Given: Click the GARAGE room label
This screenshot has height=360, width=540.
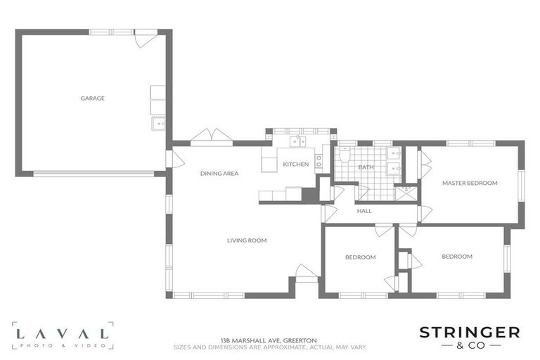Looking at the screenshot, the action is click(93, 98).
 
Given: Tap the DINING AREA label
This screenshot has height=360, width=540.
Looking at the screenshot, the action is click(219, 174).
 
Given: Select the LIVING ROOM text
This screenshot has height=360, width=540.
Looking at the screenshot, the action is click(247, 240).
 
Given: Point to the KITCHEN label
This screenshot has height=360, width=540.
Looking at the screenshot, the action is click(296, 165).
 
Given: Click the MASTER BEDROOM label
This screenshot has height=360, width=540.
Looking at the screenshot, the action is click(470, 183).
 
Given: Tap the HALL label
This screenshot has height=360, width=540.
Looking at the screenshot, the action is click(364, 211).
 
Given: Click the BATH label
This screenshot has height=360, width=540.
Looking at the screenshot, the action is click(366, 167).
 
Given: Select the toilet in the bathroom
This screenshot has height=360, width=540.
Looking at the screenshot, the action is click(345, 155).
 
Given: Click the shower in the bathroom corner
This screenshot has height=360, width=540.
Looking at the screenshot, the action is click(406, 193).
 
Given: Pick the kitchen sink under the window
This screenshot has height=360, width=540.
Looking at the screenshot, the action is click(297, 141).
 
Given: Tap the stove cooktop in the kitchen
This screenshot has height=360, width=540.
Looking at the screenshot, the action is click(319, 161).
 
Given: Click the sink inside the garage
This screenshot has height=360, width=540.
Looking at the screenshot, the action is click(158, 124).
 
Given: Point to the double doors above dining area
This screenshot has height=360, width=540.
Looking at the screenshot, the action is click(212, 136).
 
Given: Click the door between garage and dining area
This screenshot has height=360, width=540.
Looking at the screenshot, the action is click(175, 159).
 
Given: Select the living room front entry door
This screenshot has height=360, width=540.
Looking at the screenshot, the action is click(307, 273).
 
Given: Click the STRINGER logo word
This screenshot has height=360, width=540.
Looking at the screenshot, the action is click(470, 333).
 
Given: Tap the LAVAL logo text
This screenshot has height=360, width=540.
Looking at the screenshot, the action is click(63, 333).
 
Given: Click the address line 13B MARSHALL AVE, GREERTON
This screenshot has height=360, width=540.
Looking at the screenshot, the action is click(269, 340).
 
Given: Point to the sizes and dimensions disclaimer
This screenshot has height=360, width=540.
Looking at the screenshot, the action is click(270, 347).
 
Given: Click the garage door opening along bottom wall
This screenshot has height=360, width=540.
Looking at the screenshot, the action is click(94, 174).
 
